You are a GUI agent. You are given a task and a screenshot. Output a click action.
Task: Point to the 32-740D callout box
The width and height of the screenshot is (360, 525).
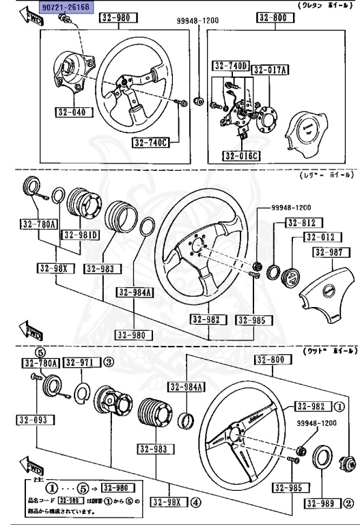coord(230,67)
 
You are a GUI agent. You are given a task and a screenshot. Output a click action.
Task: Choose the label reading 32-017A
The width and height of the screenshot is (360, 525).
coord(271,70)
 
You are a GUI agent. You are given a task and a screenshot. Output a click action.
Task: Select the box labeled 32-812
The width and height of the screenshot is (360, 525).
coord(301,223)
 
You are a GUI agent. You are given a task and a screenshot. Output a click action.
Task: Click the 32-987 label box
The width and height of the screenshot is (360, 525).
coord(331,252)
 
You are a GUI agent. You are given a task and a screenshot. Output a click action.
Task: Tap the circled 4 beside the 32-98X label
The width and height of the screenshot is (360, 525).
coord(196,503)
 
